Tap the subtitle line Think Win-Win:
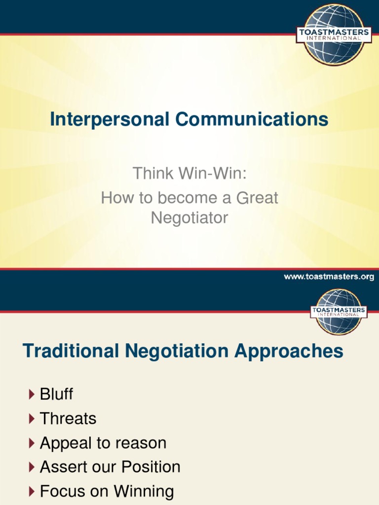189,174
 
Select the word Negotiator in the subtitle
189,217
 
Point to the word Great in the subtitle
257,198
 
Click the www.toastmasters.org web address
329,277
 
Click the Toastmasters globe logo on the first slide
334,34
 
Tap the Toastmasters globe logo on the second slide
339,312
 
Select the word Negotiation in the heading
177,352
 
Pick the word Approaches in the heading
289,352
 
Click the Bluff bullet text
56,394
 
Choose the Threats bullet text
68,419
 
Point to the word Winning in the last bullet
144,491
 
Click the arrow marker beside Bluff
32,394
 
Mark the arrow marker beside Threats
32,419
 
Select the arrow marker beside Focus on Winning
32,491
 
